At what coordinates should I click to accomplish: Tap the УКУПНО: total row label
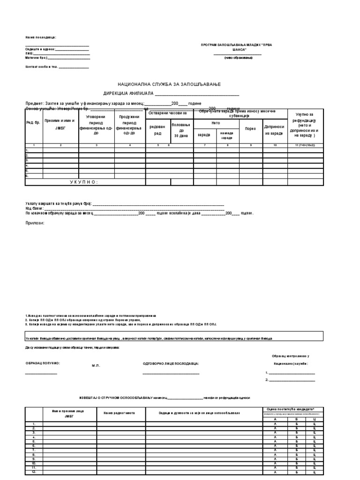(x=84, y=182)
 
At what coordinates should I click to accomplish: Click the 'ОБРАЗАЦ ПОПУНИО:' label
(x=43, y=363)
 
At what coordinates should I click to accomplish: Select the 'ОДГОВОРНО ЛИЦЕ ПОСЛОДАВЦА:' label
(x=171, y=363)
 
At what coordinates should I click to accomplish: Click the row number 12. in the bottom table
(x=33, y=472)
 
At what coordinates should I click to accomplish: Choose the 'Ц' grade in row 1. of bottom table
(x=313, y=424)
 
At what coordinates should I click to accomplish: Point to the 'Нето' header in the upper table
(x=216, y=123)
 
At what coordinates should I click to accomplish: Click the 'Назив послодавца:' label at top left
(x=41, y=37)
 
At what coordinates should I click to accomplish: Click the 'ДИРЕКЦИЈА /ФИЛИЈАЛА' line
(x=126, y=93)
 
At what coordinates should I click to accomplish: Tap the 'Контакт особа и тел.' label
(x=41, y=67)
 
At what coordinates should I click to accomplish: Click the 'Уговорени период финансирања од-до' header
(x=96, y=125)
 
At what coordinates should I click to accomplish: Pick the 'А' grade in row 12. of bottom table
(x=275, y=472)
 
